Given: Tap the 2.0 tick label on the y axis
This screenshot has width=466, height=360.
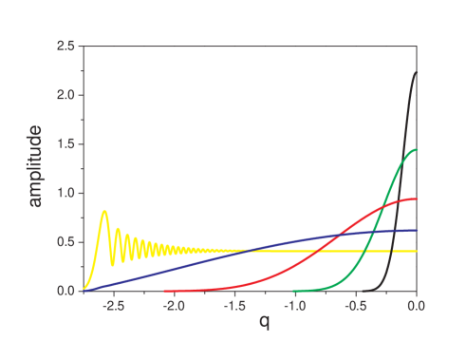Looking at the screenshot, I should click(x=66, y=96).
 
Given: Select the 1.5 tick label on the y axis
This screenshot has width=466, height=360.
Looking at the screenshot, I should click(x=66, y=144).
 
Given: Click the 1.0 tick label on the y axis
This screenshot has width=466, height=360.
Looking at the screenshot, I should click(x=66, y=193).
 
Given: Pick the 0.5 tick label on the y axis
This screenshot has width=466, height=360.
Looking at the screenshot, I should click(x=66, y=241).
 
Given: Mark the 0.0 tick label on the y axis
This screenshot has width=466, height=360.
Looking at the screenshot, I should click(x=66, y=290).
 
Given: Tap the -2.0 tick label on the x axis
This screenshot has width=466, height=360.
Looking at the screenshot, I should click(x=174, y=305).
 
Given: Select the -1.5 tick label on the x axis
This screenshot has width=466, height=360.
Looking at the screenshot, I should click(x=234, y=305).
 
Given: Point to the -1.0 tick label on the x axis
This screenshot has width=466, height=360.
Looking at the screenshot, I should click(x=295, y=305).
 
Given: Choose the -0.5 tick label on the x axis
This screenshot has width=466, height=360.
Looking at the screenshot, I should click(x=356, y=305).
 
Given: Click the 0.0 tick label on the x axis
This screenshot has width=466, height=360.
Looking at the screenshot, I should click(x=415, y=305).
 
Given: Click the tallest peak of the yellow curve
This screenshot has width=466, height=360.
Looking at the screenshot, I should click(x=103, y=211).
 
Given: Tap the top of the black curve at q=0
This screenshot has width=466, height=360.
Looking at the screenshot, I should click(x=417, y=72).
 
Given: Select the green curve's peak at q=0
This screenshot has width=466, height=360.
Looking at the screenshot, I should click(x=415, y=150).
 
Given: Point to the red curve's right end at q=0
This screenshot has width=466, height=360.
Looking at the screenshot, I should click(x=417, y=199).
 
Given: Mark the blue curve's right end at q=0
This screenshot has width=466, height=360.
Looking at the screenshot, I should click(x=417, y=230).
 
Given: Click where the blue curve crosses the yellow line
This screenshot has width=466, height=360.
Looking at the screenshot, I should click(x=247, y=251).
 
